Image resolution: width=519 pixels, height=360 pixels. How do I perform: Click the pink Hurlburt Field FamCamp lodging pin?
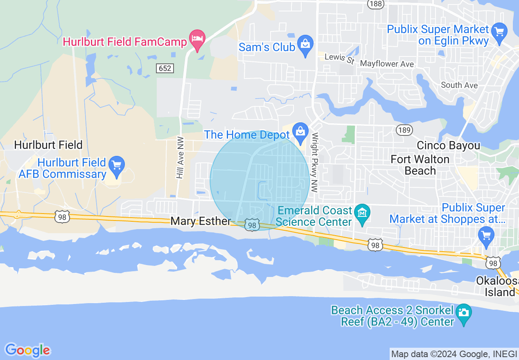[x=197, y=40]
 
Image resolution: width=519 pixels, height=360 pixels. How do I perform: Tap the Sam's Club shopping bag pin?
[x=305, y=45]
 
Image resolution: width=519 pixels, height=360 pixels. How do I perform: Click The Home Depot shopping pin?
[x=300, y=133]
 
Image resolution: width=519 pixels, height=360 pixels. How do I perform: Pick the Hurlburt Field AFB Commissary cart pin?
[x=117, y=166]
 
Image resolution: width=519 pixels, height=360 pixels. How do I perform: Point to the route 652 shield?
[x=165, y=68]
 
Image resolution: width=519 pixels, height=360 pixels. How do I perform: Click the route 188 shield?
[x=375, y=4]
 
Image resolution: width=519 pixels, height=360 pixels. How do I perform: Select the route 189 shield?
[x=404, y=130]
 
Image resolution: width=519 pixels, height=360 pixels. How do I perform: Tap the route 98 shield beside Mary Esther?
[x=252, y=225]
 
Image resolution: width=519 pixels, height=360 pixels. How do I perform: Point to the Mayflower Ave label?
[x=387, y=64]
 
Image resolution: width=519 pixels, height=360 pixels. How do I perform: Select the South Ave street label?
[x=459, y=85]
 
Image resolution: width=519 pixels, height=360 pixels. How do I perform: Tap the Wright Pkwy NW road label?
[x=315, y=162]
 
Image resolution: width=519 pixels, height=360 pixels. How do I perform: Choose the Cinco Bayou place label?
[x=448, y=145]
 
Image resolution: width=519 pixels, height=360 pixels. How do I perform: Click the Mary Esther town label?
[x=201, y=221]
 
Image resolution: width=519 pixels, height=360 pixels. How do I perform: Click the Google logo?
[x=28, y=350]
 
